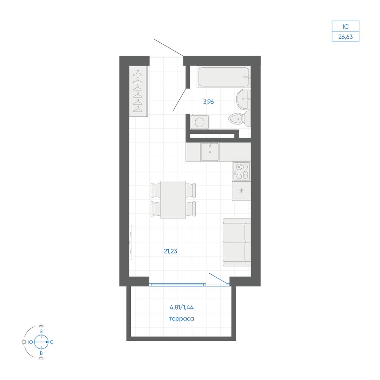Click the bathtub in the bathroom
point(223,77)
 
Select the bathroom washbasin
point(243,99)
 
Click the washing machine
point(199,122)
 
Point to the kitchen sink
point(210,152)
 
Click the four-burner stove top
point(242,171)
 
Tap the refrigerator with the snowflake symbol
point(241,191)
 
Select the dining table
point(173,199)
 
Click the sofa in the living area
point(237,242)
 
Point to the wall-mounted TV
point(131,242)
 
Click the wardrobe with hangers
point(138,91)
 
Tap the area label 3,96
point(208,102)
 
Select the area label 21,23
point(170,251)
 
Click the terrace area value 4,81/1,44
point(182,307)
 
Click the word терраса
point(182,319)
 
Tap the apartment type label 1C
point(345,27)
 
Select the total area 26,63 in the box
point(345,37)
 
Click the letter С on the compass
point(52,342)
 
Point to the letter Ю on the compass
point(30,342)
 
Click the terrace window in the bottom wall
point(177,285)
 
